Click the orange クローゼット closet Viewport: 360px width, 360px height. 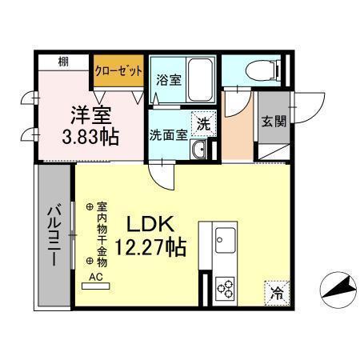click(119, 70)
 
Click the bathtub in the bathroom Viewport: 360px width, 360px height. click(201, 78)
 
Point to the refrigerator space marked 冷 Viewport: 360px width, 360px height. click(275, 292)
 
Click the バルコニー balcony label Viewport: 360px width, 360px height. click(53, 235)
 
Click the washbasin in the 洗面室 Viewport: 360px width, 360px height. click(203, 150)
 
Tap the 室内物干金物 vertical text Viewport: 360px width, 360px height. click(102, 233)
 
